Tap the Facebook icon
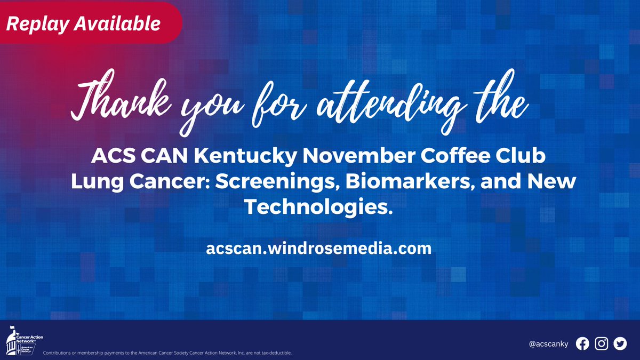pos(582,344)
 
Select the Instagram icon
pos(601,344)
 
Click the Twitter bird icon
pos(619,344)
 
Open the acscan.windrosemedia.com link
pos(318,249)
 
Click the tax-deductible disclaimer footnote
pos(166,353)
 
